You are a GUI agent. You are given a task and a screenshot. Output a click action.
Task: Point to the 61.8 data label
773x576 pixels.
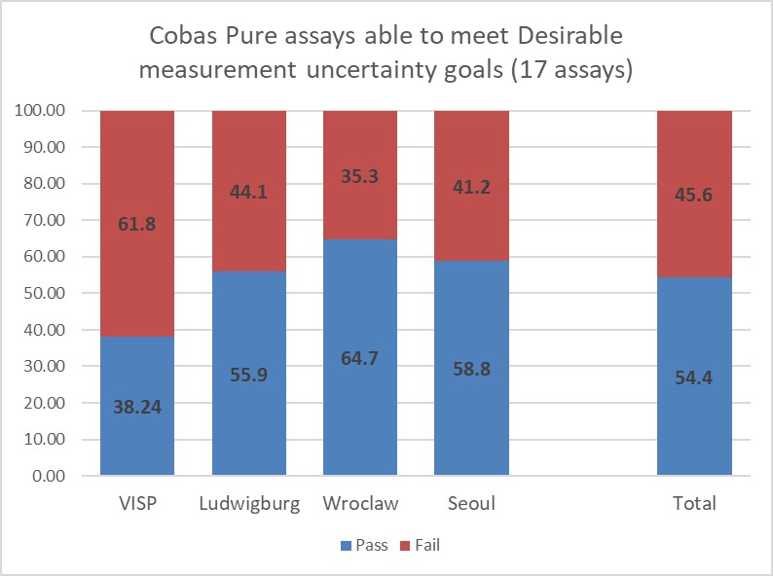(x=137, y=225)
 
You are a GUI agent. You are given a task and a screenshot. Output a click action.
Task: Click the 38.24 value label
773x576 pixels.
(x=137, y=407)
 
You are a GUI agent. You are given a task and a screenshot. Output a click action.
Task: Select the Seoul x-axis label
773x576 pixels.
(x=471, y=503)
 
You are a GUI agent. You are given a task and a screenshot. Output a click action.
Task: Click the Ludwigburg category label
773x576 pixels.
(x=249, y=503)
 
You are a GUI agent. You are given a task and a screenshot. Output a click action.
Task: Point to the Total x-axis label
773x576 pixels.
(x=694, y=503)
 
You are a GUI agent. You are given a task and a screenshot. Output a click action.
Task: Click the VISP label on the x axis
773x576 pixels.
(x=137, y=503)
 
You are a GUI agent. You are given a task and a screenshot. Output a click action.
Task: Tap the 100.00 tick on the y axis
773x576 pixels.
(x=39, y=111)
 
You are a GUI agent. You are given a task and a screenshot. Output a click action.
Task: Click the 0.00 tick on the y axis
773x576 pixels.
(x=47, y=476)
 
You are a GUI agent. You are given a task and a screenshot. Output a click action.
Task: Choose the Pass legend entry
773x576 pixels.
(x=366, y=545)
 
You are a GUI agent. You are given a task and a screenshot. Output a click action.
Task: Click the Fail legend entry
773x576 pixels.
(x=418, y=545)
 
